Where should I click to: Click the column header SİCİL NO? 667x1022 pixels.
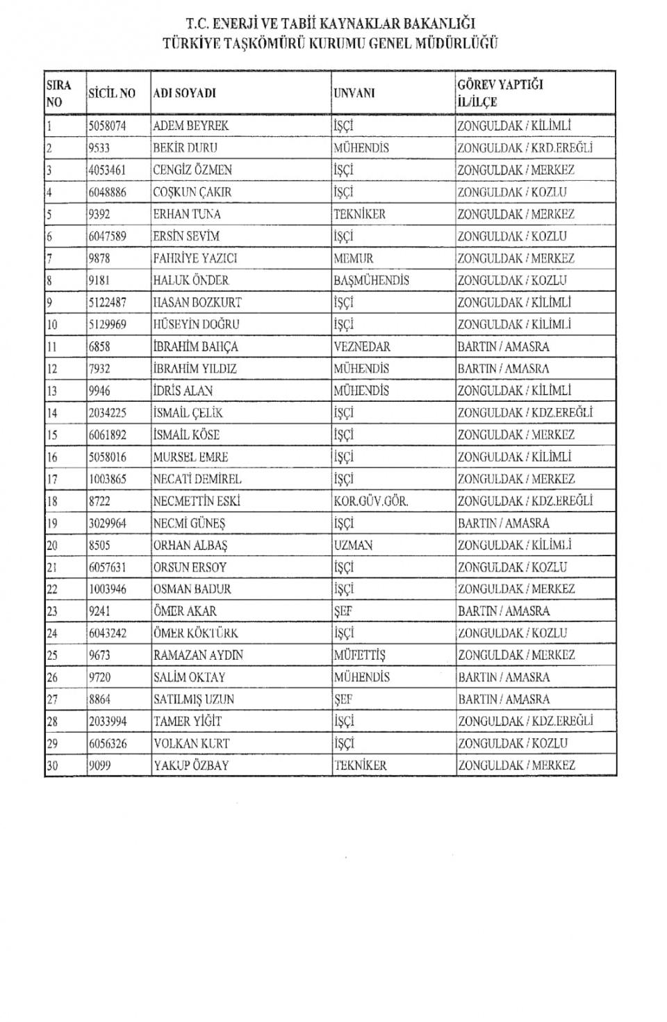[111, 93]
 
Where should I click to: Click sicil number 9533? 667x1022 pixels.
[99, 148]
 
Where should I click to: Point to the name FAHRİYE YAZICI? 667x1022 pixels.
[195, 259]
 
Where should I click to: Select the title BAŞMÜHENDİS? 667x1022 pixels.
[371, 281]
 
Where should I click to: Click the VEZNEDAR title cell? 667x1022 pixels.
[361, 347]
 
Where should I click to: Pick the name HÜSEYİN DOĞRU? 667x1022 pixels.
[196, 325]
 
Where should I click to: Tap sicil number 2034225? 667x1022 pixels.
[107, 413]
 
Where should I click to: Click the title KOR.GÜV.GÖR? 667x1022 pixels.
[370, 501]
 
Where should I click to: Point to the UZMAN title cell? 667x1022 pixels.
[353, 546]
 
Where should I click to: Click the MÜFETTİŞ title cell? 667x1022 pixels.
[359, 656]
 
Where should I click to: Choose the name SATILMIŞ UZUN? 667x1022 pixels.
[193, 699]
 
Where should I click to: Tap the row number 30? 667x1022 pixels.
[52, 766]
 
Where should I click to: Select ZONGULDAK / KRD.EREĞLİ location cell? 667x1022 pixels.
[525, 148]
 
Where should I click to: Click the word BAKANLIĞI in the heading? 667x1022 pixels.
[440, 25]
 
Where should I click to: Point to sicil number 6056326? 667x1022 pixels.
[107, 744]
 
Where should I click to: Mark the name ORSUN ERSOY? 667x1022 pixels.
[190, 567]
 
